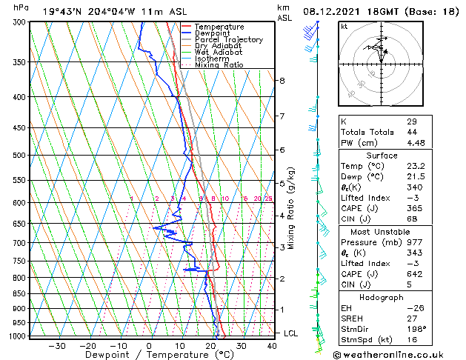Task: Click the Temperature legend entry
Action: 218,27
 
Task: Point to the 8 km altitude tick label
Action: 282,80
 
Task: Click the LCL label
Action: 291,333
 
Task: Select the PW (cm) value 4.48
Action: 416,144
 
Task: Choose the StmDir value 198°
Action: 417,329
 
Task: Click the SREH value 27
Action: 412,317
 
